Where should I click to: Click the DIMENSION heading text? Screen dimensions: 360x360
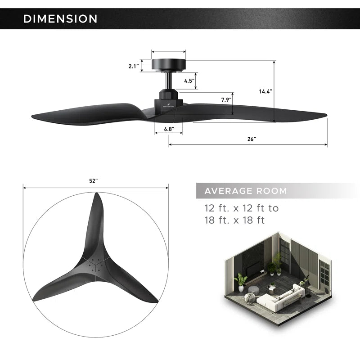(60, 19)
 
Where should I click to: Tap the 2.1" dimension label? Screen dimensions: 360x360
(133, 66)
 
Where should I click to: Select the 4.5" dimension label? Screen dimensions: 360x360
(189, 81)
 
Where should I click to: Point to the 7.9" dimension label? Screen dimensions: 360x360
(226, 100)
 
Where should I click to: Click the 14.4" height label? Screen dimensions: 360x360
(265, 91)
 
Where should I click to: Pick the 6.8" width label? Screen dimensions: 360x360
(169, 129)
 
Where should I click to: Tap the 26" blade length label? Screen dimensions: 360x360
(252, 139)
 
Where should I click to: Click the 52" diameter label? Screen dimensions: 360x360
(93, 181)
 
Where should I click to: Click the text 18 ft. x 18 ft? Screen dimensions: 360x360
(234, 220)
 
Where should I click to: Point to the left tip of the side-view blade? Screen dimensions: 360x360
(33, 117)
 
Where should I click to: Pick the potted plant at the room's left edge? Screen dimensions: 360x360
(241, 281)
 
